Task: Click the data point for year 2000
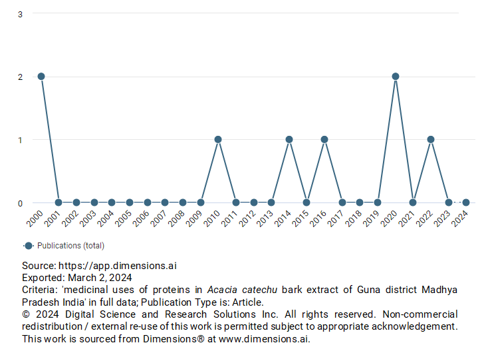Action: coord(41,77)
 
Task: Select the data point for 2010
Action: coord(218,140)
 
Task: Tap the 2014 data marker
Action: coord(289,140)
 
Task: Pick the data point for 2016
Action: coord(324,140)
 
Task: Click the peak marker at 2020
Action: coord(396,77)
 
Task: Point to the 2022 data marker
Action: coord(431,140)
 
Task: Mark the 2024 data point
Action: coord(466,202)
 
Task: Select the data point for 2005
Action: coord(130,202)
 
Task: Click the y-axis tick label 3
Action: coord(21,14)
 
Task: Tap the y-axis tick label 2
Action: coord(21,77)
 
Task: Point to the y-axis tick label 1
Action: coord(21,140)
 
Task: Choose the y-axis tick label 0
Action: coord(21,203)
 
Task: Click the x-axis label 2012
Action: coord(247,218)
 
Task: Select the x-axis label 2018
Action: coord(354,218)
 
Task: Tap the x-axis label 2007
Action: coord(159,218)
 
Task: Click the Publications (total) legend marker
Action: coord(29,245)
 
